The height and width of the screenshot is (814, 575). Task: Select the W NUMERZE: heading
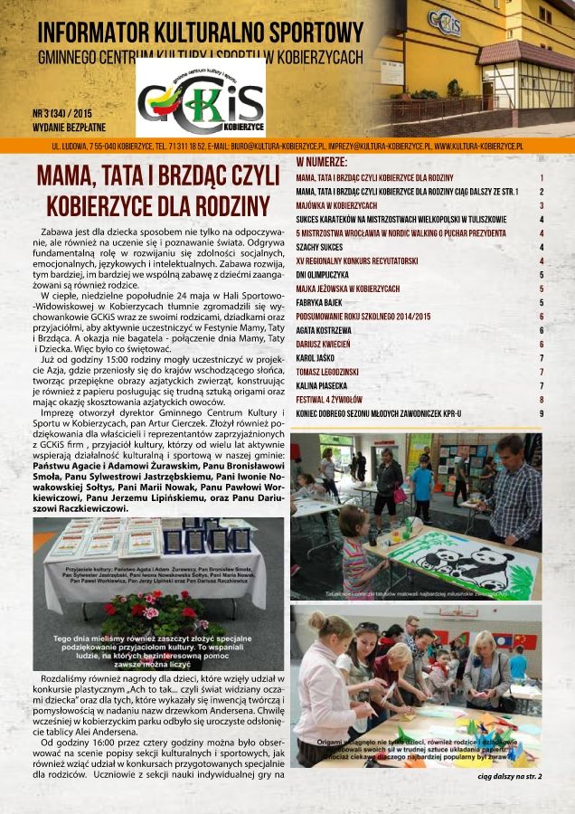pos(321,162)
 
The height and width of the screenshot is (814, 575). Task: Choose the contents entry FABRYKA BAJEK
pos(324,302)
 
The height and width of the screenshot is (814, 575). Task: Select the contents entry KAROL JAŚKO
pos(319,357)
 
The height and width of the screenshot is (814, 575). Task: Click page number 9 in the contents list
pos(541,413)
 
